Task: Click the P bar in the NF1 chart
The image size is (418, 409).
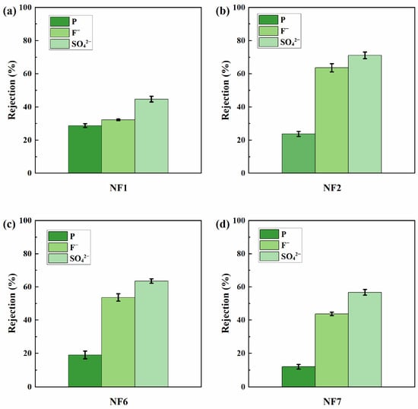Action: click(x=85, y=149)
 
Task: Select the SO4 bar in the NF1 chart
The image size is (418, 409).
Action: click(x=151, y=136)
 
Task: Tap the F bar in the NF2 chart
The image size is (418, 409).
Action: click(x=331, y=120)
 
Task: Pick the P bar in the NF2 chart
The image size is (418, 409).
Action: click(x=299, y=154)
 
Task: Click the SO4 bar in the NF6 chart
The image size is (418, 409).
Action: click(x=151, y=334)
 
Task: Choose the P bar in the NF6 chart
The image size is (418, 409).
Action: click(x=85, y=370)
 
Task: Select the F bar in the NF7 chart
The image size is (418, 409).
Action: click(x=331, y=350)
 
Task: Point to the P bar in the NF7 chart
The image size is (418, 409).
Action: click(x=299, y=376)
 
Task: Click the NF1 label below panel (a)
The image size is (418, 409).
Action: click(x=119, y=188)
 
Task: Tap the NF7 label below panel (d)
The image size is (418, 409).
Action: click(x=332, y=401)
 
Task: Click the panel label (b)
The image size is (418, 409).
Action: click(x=223, y=11)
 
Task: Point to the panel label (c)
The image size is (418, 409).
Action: click(x=9, y=224)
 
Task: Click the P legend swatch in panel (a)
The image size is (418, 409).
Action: click(x=60, y=21)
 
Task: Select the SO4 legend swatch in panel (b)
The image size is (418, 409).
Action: click(x=268, y=42)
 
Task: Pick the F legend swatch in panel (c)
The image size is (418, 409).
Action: click(x=58, y=247)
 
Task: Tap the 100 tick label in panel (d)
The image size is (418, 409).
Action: click(x=239, y=220)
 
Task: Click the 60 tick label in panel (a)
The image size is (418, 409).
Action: click(x=27, y=74)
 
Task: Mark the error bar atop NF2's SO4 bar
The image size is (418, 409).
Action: click(x=365, y=55)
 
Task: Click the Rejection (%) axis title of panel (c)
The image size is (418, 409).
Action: click(x=11, y=303)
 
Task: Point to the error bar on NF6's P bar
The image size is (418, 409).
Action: click(x=85, y=355)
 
